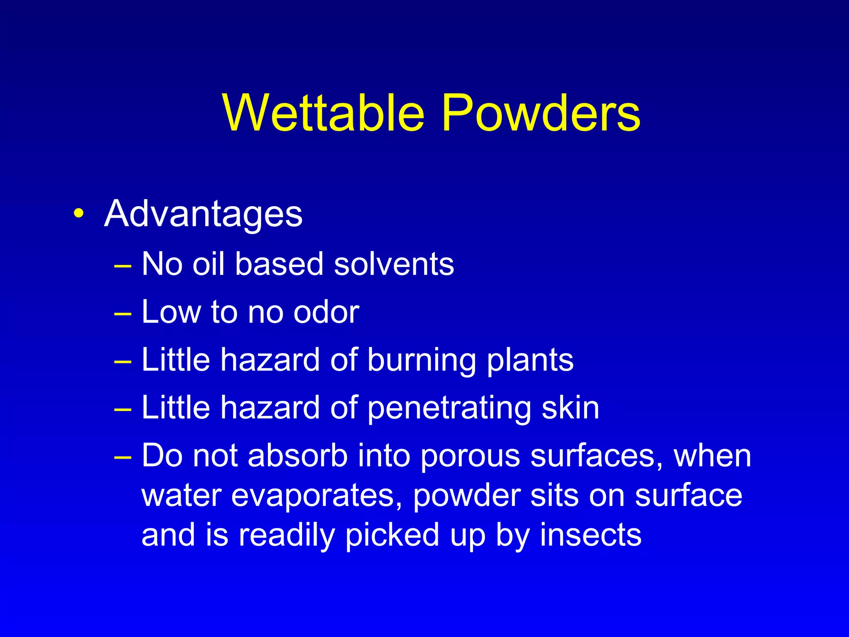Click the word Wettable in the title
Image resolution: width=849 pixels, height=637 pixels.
click(324, 113)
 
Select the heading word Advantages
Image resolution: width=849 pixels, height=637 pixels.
click(203, 214)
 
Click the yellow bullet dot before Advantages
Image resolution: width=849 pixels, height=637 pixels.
click(78, 214)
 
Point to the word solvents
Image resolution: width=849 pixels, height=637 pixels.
click(394, 264)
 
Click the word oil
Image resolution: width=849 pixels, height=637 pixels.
click(209, 264)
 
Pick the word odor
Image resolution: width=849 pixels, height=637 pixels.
click(326, 312)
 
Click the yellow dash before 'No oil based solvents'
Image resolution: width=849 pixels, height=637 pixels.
click(123, 265)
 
